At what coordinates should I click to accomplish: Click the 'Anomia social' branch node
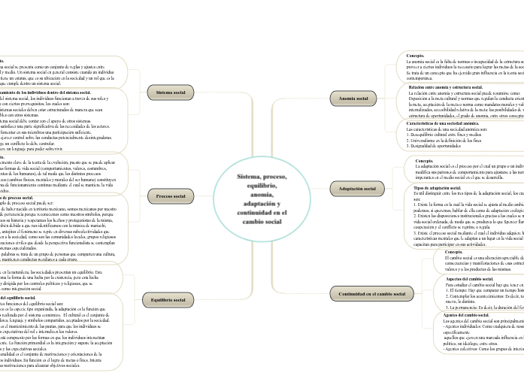[353, 99]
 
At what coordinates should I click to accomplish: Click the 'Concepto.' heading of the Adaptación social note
[424, 161]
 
